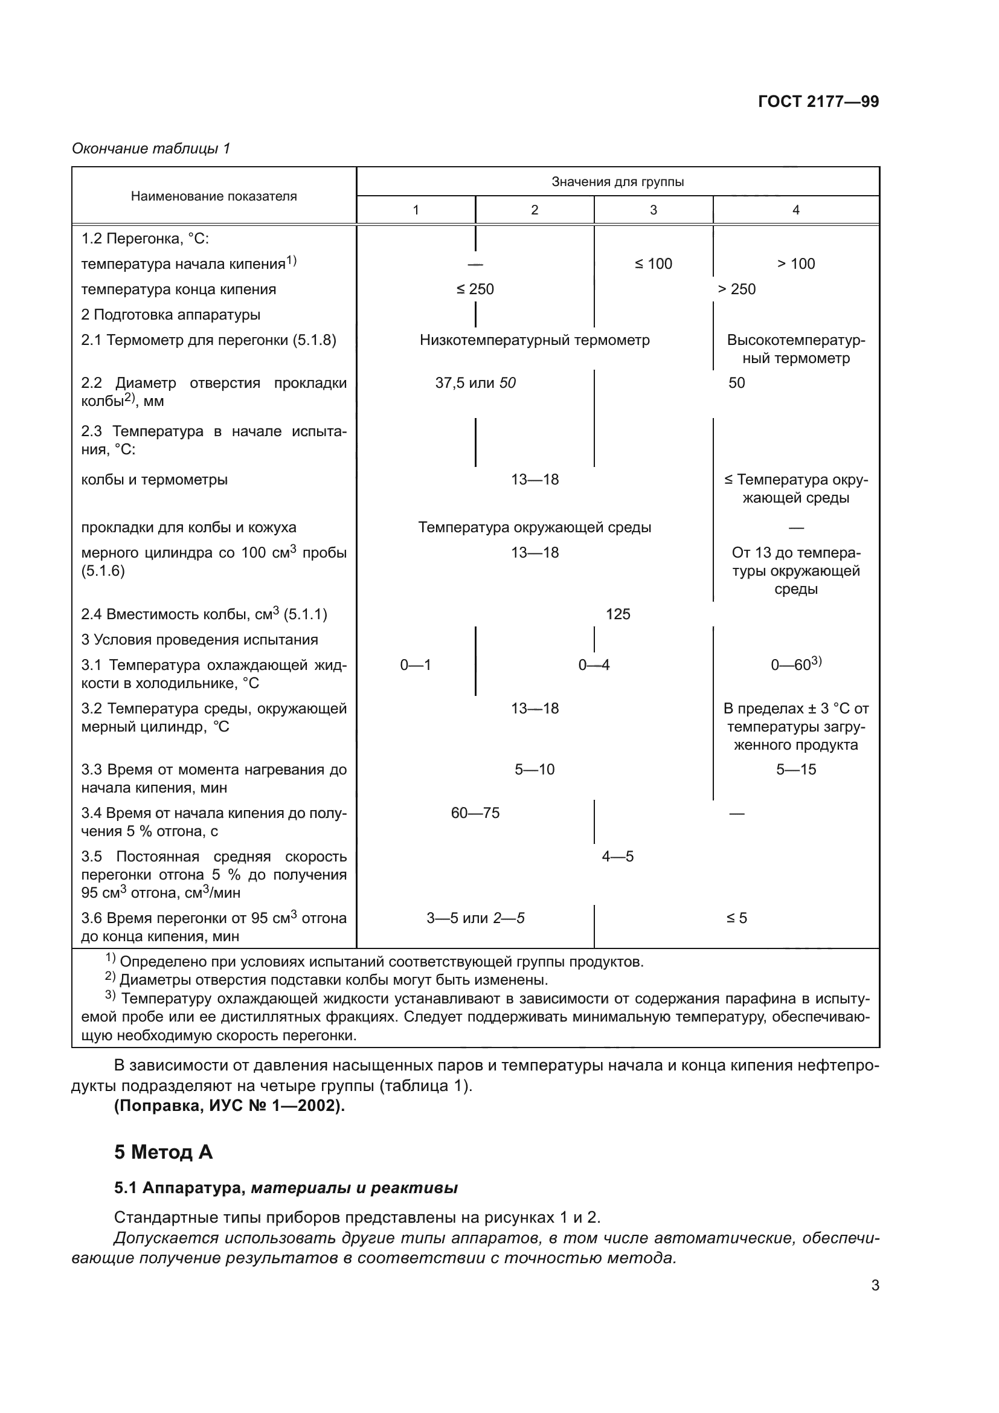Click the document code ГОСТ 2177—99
818,102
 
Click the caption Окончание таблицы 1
151,149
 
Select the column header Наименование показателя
213,196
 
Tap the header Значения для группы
617,182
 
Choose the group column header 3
654,210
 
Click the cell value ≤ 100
654,264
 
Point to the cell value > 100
795,264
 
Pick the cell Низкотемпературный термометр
535,340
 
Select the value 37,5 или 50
475,383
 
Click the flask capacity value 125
618,614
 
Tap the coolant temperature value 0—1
415,665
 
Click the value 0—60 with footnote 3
795,665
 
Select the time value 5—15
795,770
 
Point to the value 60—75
475,813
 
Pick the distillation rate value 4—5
618,857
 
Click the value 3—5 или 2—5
475,918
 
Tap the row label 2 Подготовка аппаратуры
170,315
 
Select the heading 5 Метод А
163,1152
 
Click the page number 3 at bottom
875,1286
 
